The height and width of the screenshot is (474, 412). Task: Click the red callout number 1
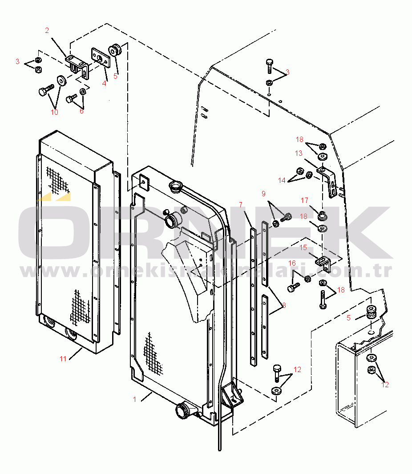tap(135, 399)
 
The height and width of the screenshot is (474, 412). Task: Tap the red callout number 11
tap(63, 359)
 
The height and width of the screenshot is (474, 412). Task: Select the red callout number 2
tap(47, 31)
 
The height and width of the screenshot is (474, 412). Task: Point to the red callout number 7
tap(241, 205)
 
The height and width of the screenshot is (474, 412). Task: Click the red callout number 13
tap(299, 153)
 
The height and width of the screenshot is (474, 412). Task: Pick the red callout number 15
tap(303, 247)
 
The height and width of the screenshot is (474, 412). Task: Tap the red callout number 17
tap(304, 200)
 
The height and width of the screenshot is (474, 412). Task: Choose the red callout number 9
tap(263, 194)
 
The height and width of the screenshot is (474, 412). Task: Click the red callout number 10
tap(54, 112)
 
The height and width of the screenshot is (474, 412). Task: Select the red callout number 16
tap(292, 263)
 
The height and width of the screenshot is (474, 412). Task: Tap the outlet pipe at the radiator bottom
tap(184, 411)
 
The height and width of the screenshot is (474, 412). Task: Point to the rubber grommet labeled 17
tap(323, 216)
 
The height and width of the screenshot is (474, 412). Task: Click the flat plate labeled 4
tap(101, 58)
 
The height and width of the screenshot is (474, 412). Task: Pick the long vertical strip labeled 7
tap(253, 297)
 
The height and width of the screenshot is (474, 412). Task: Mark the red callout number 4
tap(104, 83)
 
